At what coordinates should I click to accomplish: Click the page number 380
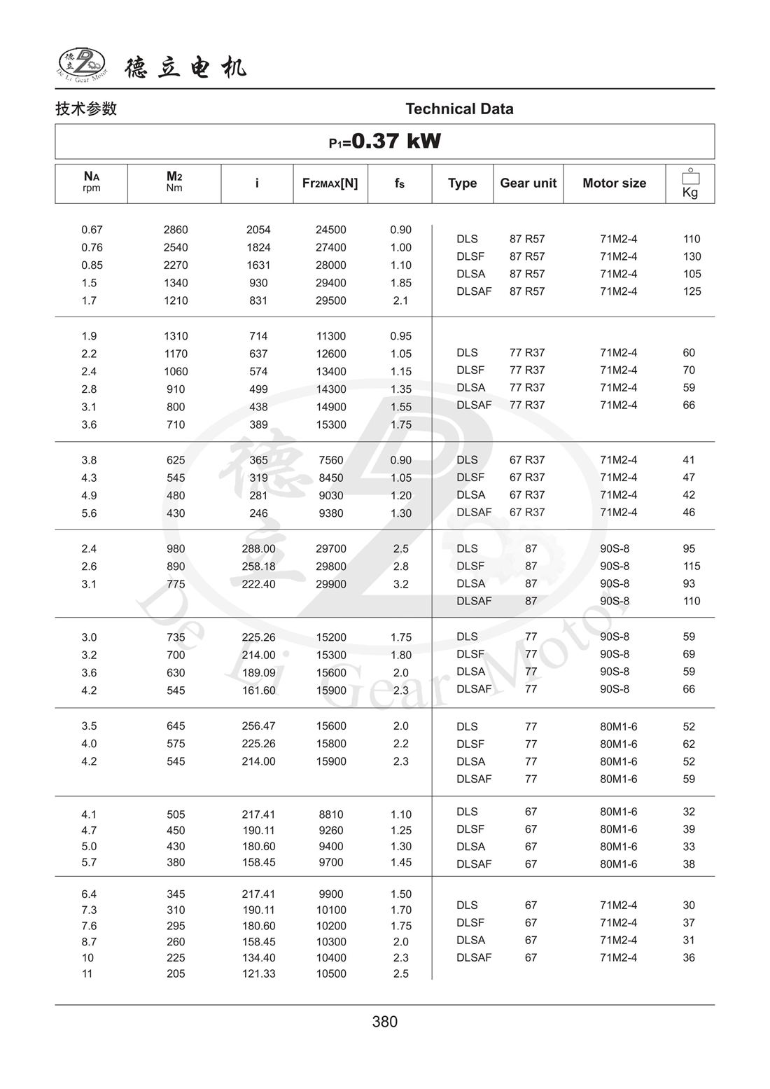384,1022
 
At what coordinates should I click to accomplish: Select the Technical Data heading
459,109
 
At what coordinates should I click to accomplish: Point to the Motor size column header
614,183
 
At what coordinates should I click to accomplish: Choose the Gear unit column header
528,183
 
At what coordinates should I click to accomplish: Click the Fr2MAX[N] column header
330,183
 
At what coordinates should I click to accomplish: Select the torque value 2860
176,230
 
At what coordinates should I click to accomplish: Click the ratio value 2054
258,230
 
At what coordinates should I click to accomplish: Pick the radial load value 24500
331,230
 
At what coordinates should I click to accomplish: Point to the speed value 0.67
92,230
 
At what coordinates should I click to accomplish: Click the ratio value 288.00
258,549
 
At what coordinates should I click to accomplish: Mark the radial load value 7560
331,460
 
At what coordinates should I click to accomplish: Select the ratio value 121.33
258,973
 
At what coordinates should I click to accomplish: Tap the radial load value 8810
331,814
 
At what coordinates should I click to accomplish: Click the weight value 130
692,256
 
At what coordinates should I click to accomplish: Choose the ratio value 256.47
258,726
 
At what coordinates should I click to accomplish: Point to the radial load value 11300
331,336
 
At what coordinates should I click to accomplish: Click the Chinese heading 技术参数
86,109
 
